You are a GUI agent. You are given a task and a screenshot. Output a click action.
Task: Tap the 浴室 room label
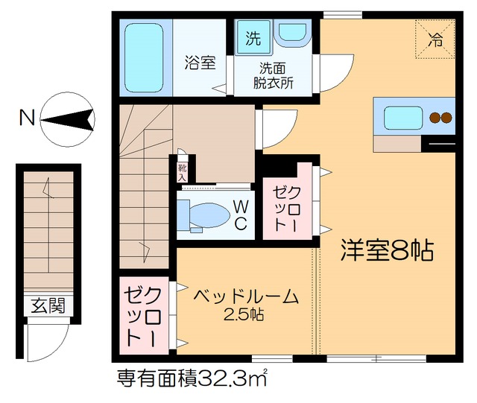tap(200, 63)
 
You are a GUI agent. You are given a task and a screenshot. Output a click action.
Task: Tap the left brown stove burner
tap(434, 118)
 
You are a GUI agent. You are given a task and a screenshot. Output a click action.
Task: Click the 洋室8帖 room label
tap(388, 250)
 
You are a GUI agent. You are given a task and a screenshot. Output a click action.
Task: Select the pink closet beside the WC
tap(286, 205)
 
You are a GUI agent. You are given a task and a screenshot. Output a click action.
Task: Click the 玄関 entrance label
tap(48, 306)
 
